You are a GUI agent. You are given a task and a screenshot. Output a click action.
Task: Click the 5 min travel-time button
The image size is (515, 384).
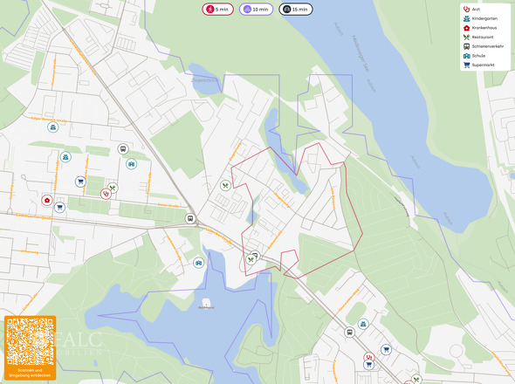(217, 10)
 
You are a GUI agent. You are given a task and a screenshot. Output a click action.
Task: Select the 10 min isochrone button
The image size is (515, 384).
(256, 10)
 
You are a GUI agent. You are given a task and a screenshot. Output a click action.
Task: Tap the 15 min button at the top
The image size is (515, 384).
(296, 10)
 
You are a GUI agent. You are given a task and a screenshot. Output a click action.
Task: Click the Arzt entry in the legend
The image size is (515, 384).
(477, 9)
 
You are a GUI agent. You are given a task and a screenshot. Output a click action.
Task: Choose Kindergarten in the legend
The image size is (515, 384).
(483, 18)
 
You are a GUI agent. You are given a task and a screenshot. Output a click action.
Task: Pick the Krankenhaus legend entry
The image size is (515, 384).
(483, 27)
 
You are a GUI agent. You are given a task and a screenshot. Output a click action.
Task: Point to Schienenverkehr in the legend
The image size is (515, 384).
(486, 46)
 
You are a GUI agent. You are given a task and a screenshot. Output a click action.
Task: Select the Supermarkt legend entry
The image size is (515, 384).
(483, 65)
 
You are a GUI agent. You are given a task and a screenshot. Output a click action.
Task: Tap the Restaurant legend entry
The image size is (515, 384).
(482, 37)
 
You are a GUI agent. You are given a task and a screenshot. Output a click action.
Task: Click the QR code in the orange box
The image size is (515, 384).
(30, 341)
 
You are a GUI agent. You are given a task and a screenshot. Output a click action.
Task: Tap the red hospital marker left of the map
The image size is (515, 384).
(46, 201)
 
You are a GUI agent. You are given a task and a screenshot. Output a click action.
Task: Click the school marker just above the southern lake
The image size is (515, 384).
(199, 262)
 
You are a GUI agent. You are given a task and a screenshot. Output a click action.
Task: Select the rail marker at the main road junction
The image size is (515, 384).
(189, 218)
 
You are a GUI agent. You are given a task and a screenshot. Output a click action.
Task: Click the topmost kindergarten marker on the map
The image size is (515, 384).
(54, 127)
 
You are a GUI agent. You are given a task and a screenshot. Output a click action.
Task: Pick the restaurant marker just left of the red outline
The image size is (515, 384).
(225, 185)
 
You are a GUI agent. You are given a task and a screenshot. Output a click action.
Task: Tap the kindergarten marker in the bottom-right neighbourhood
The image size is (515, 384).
(363, 324)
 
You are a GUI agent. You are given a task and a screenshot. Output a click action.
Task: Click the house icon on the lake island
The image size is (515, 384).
(206, 302)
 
